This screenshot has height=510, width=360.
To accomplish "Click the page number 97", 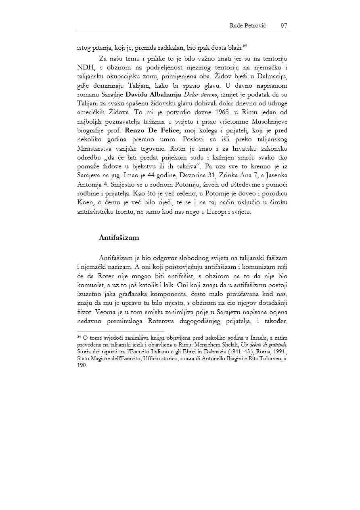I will pyautogui.click(x=283, y=26).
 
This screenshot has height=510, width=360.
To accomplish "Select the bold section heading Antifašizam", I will pyautogui.click(x=119, y=237).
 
